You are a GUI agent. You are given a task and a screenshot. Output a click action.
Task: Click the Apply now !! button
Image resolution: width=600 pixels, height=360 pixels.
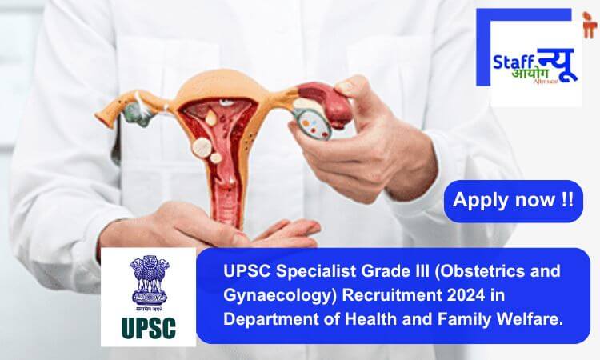513,201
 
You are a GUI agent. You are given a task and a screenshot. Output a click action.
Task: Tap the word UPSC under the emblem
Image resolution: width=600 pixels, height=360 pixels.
148,328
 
